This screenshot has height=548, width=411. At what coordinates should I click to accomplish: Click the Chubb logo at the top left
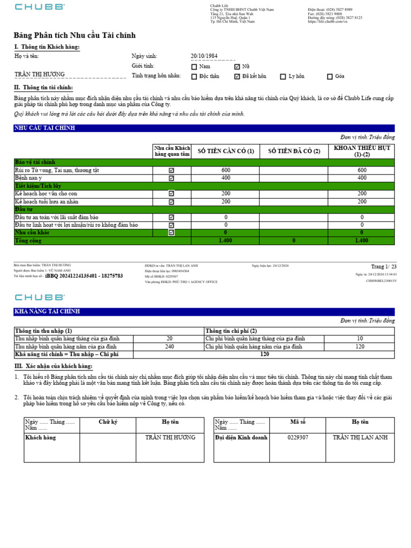coord(40,7)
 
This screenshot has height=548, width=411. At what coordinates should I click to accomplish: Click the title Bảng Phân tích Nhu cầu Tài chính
coord(74,35)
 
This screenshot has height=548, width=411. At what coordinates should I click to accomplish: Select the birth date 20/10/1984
coord(204,56)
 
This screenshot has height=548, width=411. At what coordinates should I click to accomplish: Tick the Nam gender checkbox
coord(194,66)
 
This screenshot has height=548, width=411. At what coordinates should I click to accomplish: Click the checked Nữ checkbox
coord(237,66)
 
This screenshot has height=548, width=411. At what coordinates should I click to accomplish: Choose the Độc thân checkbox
coord(194,77)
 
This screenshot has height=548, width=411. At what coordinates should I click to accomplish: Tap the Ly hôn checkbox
coord(283,77)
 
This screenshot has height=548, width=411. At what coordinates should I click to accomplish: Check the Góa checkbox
coord(330,77)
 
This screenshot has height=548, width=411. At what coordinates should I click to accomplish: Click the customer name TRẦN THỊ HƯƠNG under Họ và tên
coord(40,74)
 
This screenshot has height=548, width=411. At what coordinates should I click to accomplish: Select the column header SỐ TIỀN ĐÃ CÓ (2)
coord(293,151)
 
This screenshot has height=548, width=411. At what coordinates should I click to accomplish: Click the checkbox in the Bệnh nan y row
coord(171,178)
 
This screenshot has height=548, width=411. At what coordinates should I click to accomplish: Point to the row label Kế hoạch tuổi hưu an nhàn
coord(47,202)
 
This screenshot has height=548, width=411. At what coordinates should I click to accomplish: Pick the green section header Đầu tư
coord(25,209)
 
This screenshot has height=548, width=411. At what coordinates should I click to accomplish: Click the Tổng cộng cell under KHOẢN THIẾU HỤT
coord(362,241)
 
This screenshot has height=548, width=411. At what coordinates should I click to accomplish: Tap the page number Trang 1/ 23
coord(384,267)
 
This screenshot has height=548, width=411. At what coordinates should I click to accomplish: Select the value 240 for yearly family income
coord(169,347)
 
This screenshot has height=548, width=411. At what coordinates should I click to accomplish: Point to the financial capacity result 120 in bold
coord(264,354)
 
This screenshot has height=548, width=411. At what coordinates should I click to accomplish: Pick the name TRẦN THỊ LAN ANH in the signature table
coord(360,437)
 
